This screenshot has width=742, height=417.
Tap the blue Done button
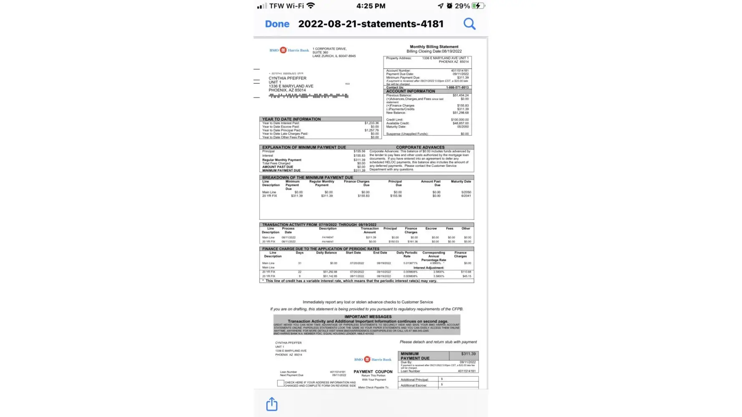pos(277,24)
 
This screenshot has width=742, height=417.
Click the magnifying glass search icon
pos(469,24)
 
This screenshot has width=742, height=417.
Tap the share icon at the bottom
pos(272,404)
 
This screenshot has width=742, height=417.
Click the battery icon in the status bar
pos(478,6)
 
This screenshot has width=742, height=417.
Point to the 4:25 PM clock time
pos(371,6)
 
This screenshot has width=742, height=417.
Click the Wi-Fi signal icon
pos(310,6)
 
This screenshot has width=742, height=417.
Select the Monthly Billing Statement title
pos(434,47)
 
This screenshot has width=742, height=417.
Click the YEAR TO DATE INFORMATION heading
pos(291,119)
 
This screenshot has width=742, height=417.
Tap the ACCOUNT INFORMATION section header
pos(411,91)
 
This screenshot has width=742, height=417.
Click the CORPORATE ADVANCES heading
pos(420,147)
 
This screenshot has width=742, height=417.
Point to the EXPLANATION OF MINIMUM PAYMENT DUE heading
pos(304,147)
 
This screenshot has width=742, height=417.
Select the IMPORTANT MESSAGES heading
pos(368,317)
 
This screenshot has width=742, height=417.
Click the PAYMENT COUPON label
pos(373,372)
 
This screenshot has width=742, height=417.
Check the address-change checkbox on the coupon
pos(280,383)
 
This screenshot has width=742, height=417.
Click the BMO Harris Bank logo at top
pos(289,50)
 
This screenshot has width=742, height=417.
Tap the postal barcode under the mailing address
pos(308,96)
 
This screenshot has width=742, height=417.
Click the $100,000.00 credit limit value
pos(459,120)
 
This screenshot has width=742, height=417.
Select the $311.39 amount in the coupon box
pos(468,354)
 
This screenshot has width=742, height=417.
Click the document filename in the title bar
pos(371,24)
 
